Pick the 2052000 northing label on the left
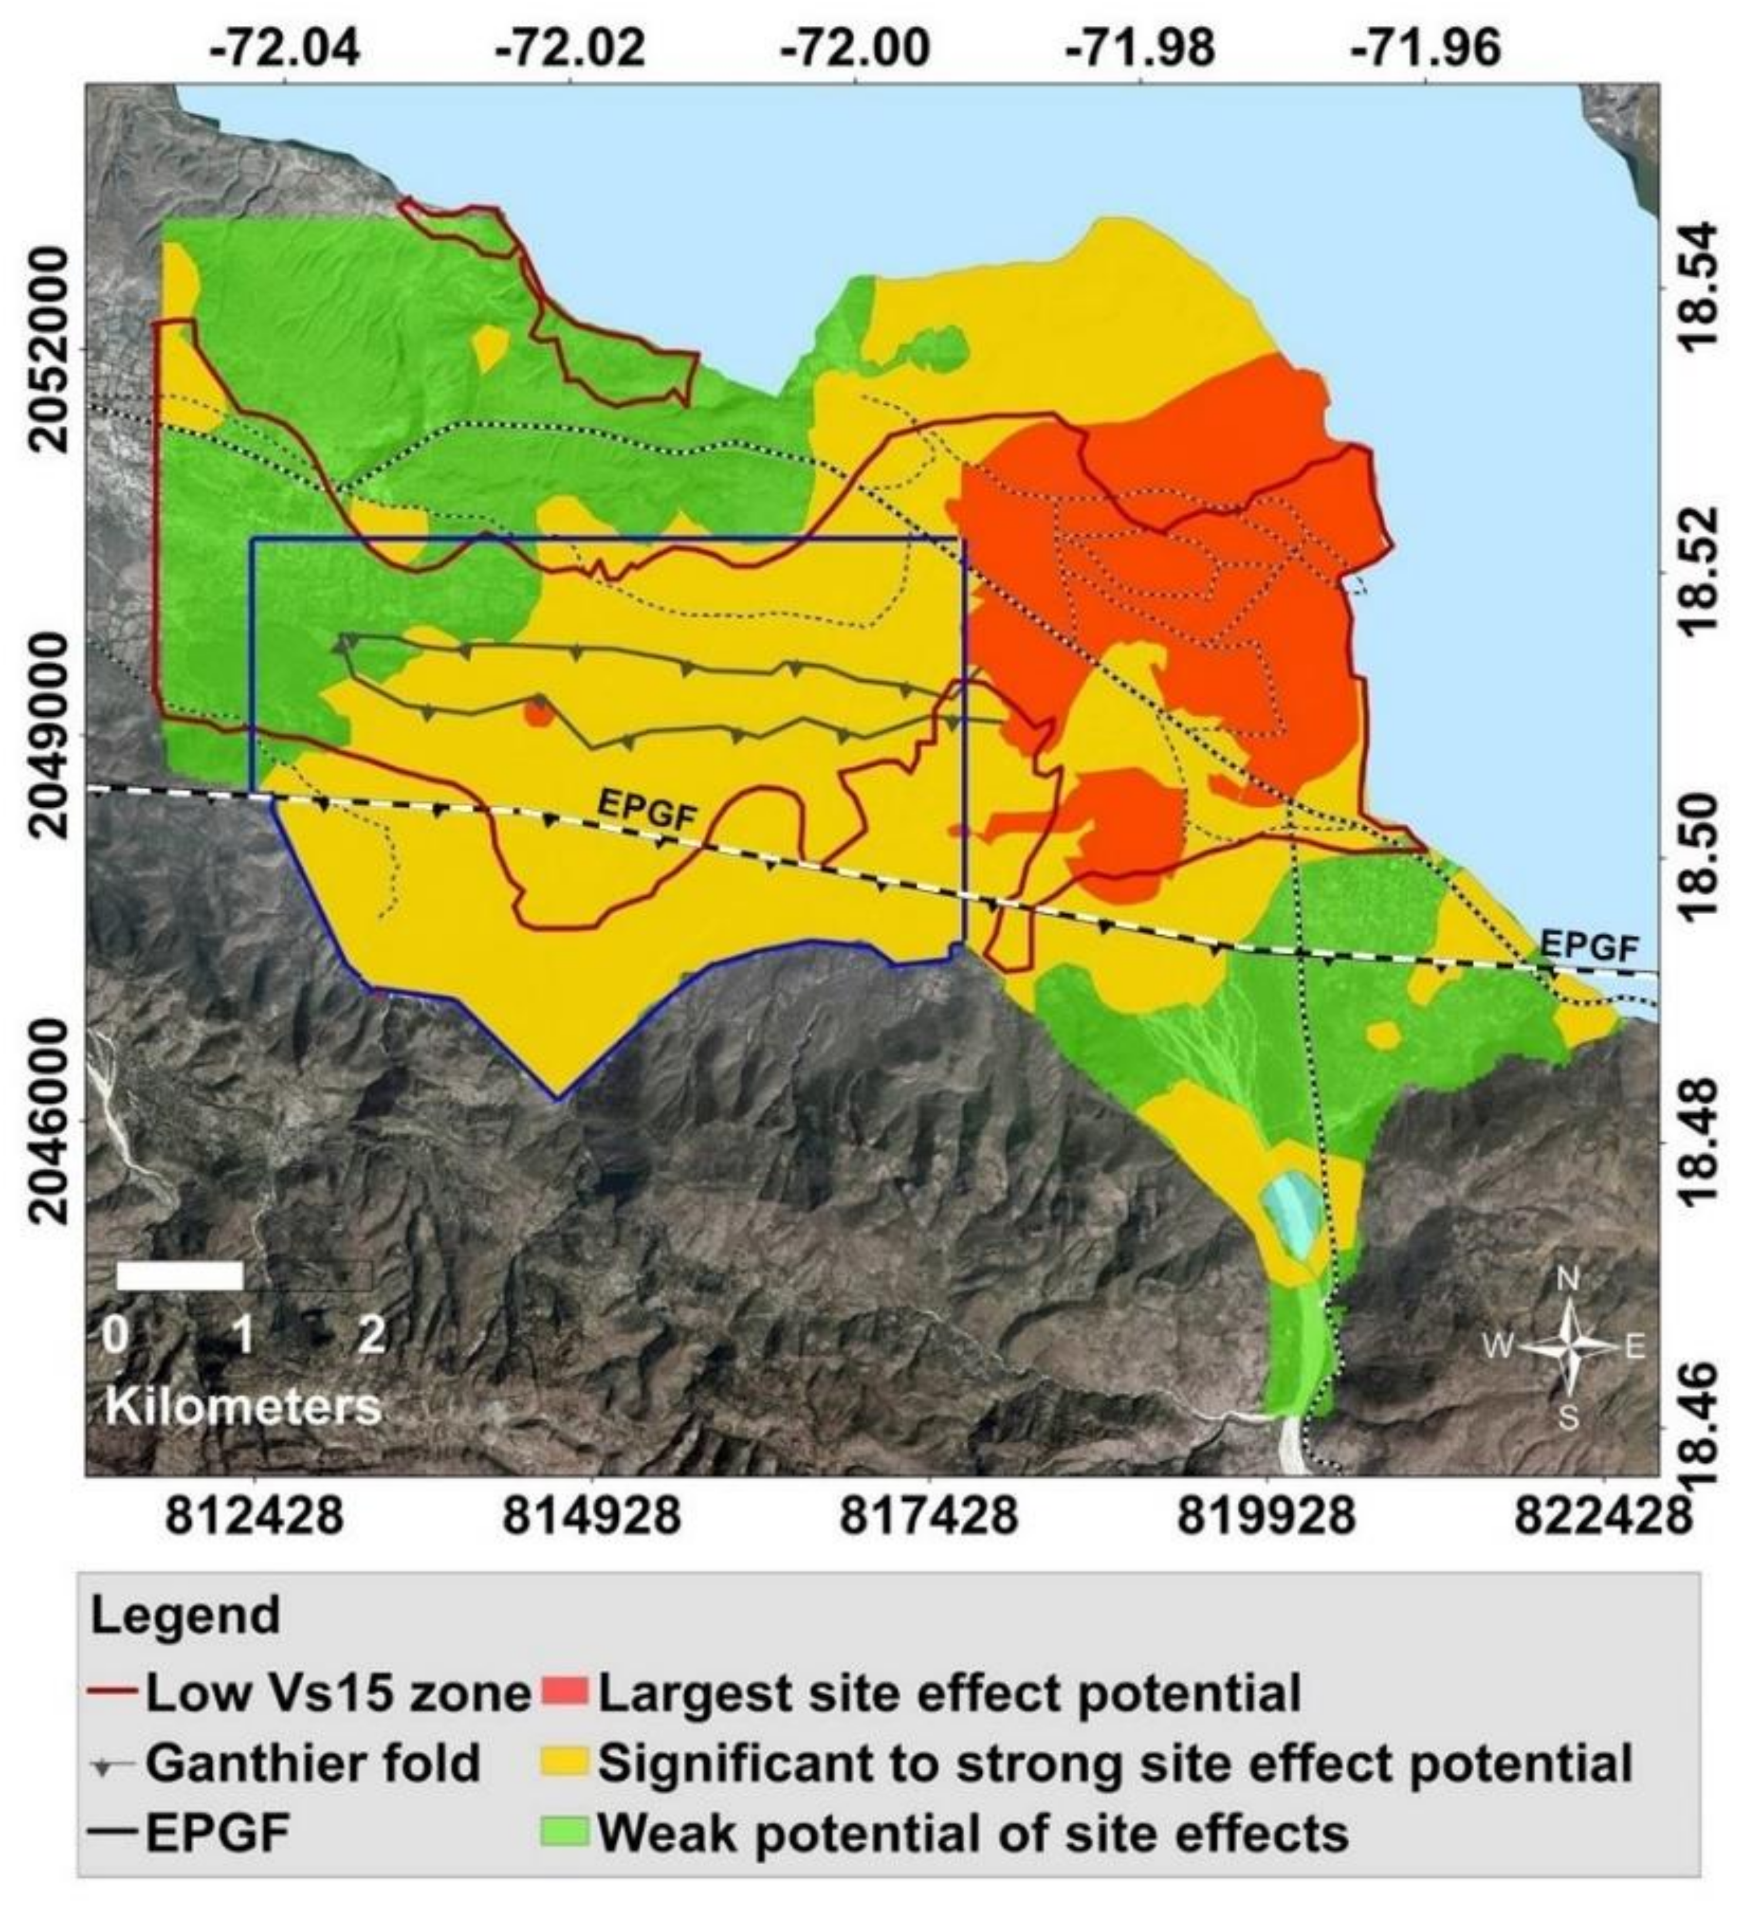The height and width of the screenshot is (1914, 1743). [48, 349]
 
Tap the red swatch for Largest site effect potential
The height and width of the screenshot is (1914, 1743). [566, 1693]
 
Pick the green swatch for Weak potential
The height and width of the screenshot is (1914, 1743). [566, 1831]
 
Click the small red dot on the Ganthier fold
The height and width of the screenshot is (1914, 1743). [538, 713]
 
